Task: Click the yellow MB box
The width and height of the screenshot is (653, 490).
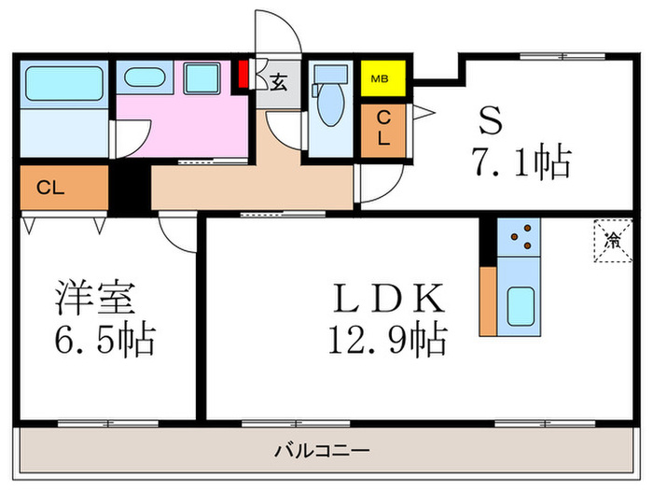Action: pyautogui.click(x=381, y=77)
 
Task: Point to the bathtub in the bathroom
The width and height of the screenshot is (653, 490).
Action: pyautogui.click(x=62, y=83)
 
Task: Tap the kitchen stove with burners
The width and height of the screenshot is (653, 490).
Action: pyautogui.click(x=518, y=238)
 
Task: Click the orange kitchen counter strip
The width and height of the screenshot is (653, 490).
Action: pyautogui.click(x=488, y=300)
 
